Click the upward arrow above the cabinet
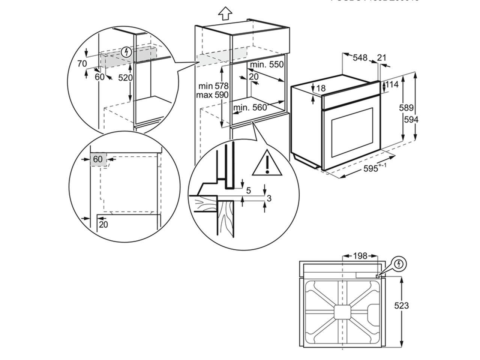click(x=225, y=13)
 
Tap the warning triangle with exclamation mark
click(x=267, y=164)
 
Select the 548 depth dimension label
click(x=360, y=58)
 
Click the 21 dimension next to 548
click(x=382, y=58)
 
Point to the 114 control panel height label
click(x=392, y=85)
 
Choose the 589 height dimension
click(x=406, y=108)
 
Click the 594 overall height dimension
click(x=411, y=120)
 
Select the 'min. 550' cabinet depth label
click(x=267, y=64)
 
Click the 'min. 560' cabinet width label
click(x=250, y=108)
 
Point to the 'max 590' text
click(x=212, y=95)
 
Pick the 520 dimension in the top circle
click(x=126, y=78)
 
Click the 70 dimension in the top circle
click(x=82, y=64)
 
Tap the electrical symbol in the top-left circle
click(x=127, y=52)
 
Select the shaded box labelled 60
click(x=98, y=159)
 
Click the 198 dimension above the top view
click(x=360, y=256)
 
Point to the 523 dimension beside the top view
click(x=401, y=306)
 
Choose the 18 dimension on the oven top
click(x=321, y=88)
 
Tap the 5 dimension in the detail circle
click(x=248, y=191)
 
